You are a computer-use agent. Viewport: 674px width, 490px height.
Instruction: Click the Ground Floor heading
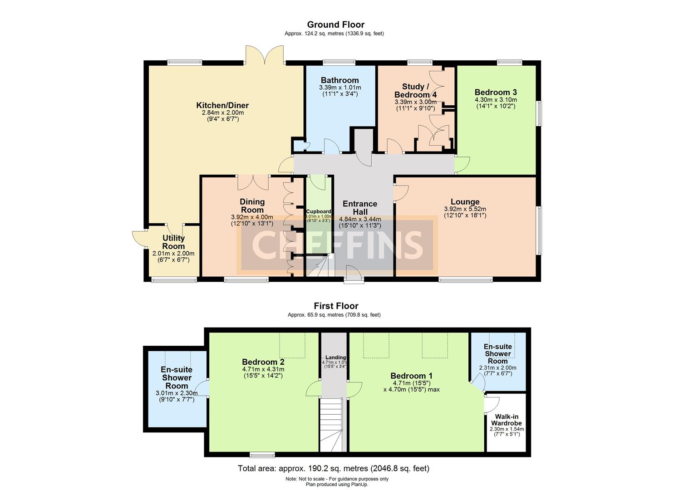tap(335, 24)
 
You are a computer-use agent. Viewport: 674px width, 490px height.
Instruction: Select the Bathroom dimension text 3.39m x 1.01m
tap(340, 88)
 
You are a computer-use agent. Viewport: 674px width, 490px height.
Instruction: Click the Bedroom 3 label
tap(496, 92)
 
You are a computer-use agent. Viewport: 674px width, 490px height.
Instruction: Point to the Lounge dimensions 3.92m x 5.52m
tap(465, 209)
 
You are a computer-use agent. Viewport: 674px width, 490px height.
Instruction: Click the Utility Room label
tap(173, 242)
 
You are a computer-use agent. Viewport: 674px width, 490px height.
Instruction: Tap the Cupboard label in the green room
tap(319, 211)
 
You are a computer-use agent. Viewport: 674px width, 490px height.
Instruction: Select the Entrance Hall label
tap(360, 208)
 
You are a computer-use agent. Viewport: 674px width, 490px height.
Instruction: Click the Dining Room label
tap(252, 206)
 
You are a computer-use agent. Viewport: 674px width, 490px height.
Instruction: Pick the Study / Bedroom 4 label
tap(415, 90)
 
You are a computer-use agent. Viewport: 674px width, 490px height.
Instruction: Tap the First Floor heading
tap(336, 306)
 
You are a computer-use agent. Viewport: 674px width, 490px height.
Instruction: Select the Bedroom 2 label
tap(263, 362)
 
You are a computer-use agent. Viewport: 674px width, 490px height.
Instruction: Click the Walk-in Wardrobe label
tap(507, 420)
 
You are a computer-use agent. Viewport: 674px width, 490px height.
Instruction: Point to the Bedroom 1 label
tap(411, 376)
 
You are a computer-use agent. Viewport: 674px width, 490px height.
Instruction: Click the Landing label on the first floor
tap(335, 358)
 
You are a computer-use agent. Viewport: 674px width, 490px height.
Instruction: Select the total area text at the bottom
tap(334, 468)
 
